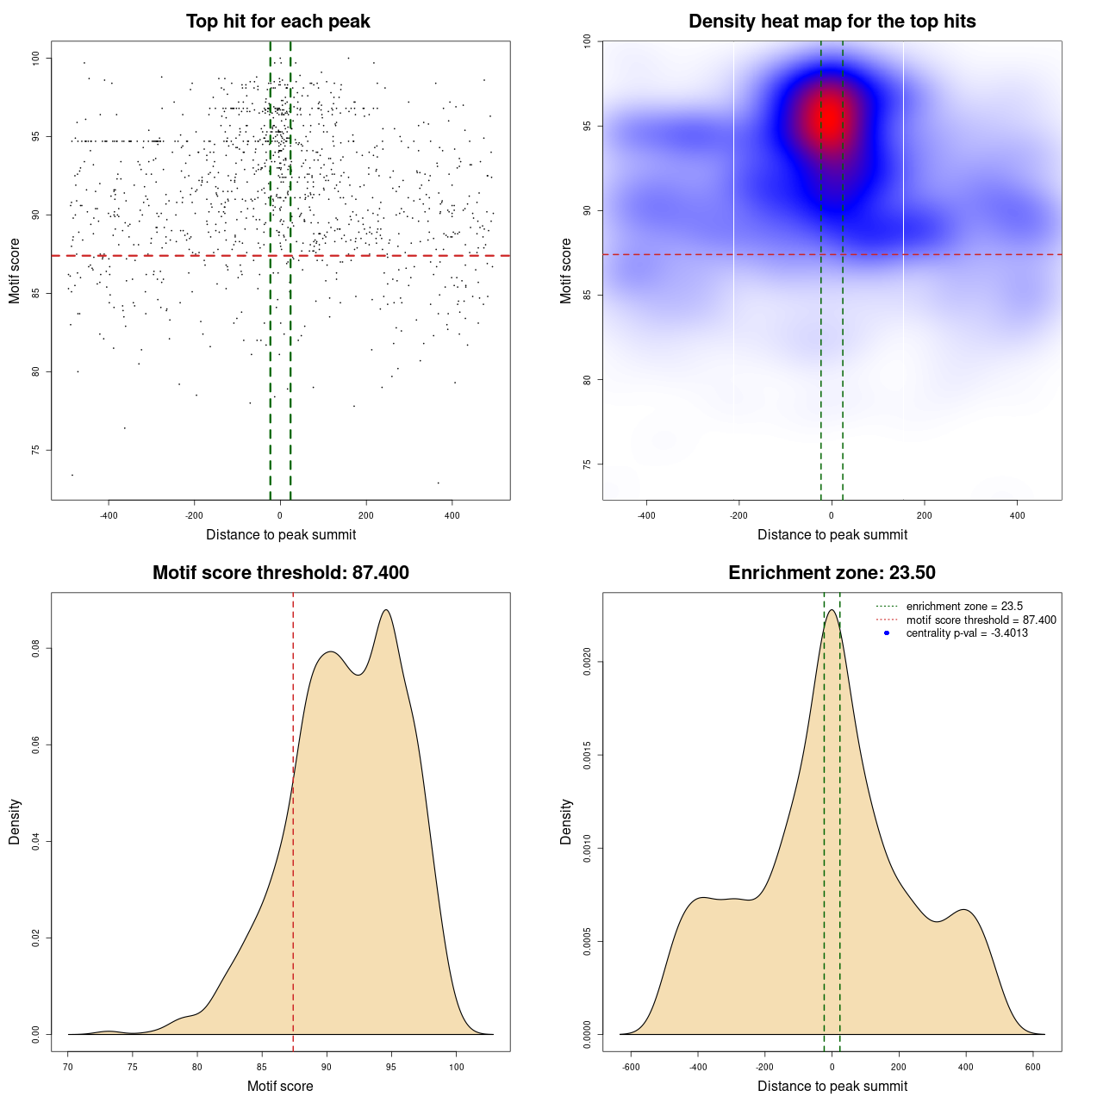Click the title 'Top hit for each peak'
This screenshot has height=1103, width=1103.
(277, 22)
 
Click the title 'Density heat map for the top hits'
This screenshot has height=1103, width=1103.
(832, 22)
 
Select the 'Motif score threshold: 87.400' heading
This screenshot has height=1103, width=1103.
(280, 573)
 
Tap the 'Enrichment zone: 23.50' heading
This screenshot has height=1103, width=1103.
(832, 573)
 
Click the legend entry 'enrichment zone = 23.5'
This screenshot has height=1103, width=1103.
(963, 607)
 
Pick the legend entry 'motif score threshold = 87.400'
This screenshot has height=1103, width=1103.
(981, 620)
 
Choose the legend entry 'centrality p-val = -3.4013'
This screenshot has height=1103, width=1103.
(966, 633)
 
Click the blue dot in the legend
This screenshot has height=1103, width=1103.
(887, 633)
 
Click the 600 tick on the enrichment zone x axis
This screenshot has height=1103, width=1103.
(1033, 1067)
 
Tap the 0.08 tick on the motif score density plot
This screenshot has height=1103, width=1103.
(36, 648)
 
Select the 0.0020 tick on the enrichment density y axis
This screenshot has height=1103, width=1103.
(588, 662)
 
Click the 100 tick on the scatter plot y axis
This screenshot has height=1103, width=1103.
(36, 58)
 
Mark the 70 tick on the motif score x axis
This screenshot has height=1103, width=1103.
(68, 1067)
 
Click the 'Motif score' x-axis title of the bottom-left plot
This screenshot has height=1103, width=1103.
(280, 1086)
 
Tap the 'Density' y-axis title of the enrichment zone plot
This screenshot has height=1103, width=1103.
(566, 821)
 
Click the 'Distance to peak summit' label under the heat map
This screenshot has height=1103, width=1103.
(832, 534)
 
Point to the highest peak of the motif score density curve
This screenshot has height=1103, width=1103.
(386, 610)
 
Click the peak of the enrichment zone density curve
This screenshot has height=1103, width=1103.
(832, 610)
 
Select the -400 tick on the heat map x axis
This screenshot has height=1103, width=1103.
(646, 515)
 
